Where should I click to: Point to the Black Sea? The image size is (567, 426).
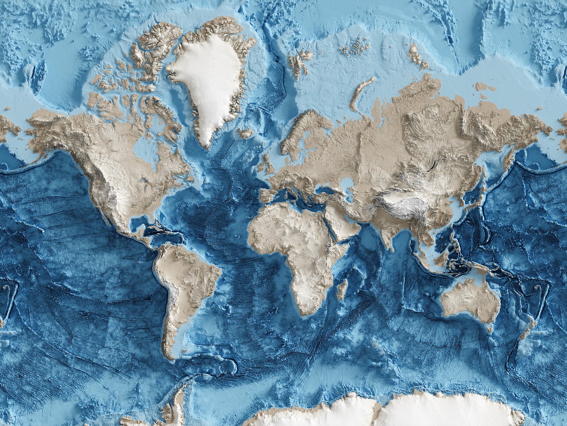pos(325,189)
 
